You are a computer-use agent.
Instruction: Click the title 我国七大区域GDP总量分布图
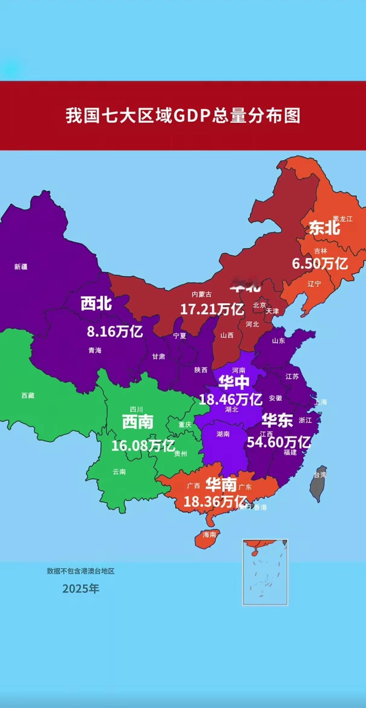[183, 116]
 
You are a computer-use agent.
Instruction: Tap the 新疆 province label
[21, 267]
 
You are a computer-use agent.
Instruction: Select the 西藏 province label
[28, 396]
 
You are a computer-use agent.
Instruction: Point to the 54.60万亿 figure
[278, 442]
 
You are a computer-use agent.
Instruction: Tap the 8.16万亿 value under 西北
[115, 332]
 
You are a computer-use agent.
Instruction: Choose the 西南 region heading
[138, 422]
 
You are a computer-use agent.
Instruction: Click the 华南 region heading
[221, 485]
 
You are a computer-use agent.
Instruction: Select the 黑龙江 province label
[343, 219]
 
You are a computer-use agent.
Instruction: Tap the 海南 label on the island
[209, 535]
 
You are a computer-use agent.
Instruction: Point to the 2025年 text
[81, 588]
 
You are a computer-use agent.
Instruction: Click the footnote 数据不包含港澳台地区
[81, 571]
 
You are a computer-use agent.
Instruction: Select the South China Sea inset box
[265, 572]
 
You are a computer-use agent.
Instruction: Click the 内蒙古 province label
[202, 294]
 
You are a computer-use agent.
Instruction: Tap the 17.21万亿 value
[212, 310]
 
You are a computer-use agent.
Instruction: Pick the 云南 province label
[119, 472]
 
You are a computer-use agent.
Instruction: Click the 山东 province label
[278, 341]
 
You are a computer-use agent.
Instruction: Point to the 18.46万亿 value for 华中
[230, 400]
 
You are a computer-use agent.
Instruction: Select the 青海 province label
[95, 350]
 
